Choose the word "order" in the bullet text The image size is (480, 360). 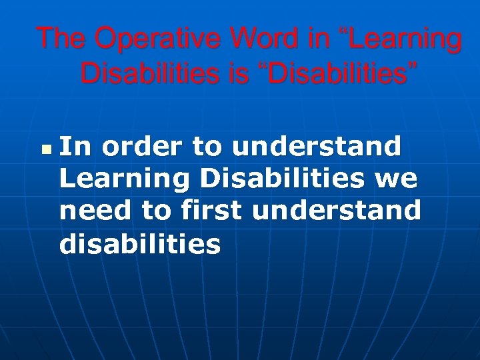pyautogui.click(x=142, y=146)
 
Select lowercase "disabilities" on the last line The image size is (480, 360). pyautogui.click(x=140, y=244)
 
